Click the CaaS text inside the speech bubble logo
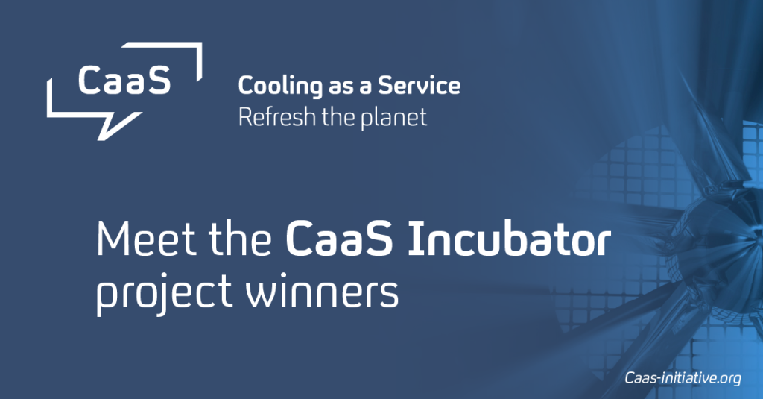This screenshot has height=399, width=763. (124, 80)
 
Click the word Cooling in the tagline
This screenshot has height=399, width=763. (280, 87)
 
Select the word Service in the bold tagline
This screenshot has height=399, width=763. (420, 85)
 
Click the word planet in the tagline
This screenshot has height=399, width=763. (393, 119)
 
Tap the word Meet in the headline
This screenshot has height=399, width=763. (148, 238)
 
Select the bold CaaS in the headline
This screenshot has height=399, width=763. (339, 238)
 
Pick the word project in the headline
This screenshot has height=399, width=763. (163, 292)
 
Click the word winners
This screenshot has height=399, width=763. (322, 292)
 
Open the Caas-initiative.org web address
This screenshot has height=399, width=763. (683, 378)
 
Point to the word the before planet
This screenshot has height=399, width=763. (338, 117)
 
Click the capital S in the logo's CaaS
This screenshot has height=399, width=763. (159, 80)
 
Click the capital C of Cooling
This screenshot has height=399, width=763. (246, 86)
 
